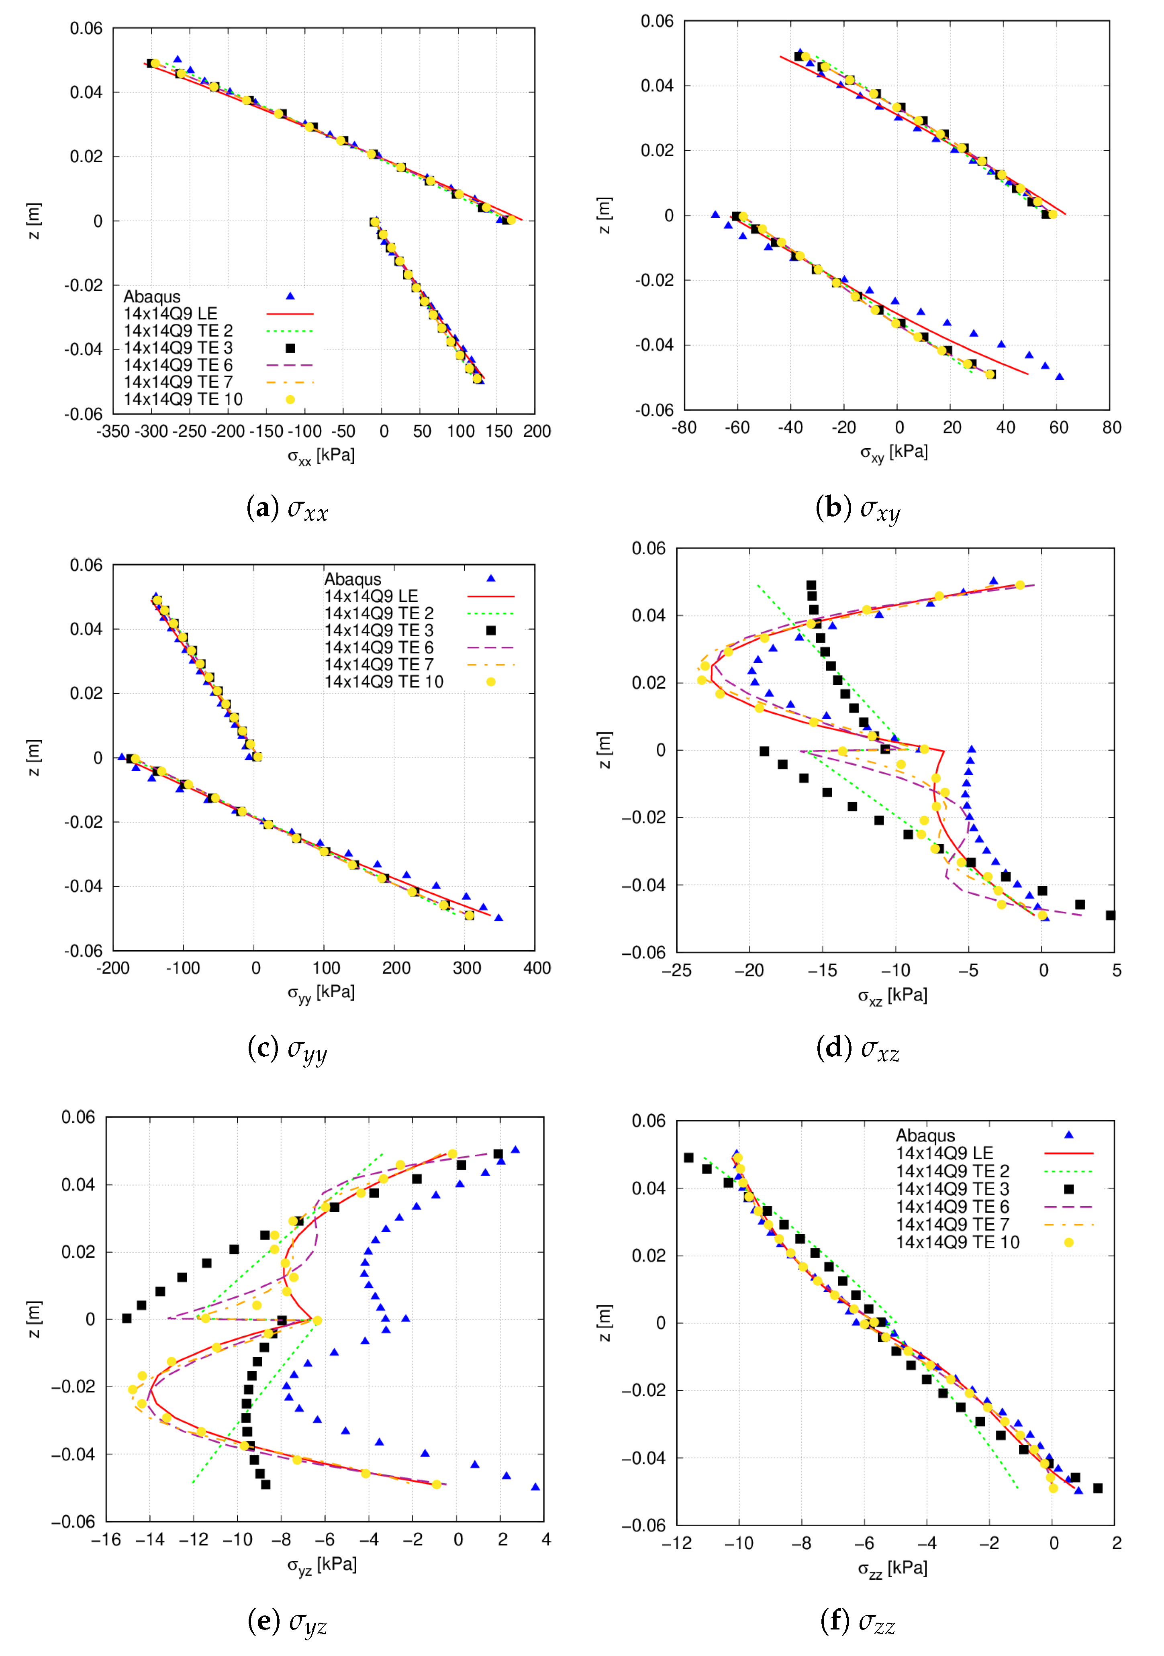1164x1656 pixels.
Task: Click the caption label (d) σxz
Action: point(858,1047)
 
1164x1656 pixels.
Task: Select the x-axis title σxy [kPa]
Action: point(894,453)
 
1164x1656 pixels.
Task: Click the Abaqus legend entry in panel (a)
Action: point(152,296)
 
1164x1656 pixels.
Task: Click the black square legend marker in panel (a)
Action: point(290,348)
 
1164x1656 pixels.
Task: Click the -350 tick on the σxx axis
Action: point(113,431)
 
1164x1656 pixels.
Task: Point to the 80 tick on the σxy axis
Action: point(1111,428)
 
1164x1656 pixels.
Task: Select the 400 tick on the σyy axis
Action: point(537,968)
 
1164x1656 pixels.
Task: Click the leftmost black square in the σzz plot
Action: point(689,1158)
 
